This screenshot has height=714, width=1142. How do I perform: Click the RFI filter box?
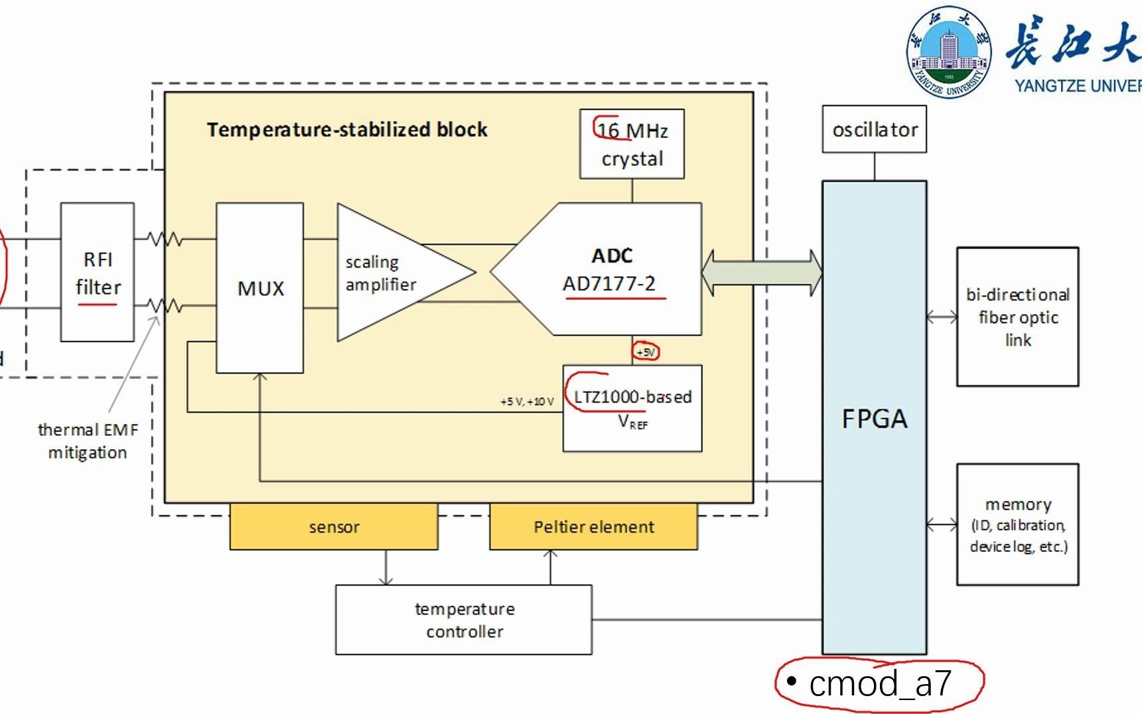pos(98,272)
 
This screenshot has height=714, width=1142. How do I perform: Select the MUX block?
pos(260,288)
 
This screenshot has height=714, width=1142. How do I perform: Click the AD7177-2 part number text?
pos(609,284)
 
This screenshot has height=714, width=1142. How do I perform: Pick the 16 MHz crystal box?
pos(632,144)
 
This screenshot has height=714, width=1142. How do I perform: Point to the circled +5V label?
pos(646,352)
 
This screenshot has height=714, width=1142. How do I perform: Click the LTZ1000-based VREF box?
pos(632,408)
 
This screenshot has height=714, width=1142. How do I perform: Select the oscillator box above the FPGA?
pos(875,129)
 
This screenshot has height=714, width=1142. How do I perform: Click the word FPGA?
pos(875,419)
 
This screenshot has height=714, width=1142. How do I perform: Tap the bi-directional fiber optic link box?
pos(1017,317)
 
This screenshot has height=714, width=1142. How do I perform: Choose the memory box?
pos(1017,524)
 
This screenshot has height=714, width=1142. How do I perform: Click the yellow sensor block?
pos(334,527)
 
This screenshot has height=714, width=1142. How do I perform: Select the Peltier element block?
pos(594,527)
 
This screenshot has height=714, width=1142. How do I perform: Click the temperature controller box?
pos(464,620)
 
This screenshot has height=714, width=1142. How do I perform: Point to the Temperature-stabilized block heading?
pos(347,129)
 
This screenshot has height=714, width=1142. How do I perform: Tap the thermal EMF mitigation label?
pos(88,441)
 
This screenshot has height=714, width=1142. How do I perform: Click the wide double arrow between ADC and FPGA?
pos(762,273)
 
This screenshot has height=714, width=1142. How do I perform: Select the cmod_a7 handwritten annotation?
pos(880,683)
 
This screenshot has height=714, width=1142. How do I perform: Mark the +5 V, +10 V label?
pos(527,401)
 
